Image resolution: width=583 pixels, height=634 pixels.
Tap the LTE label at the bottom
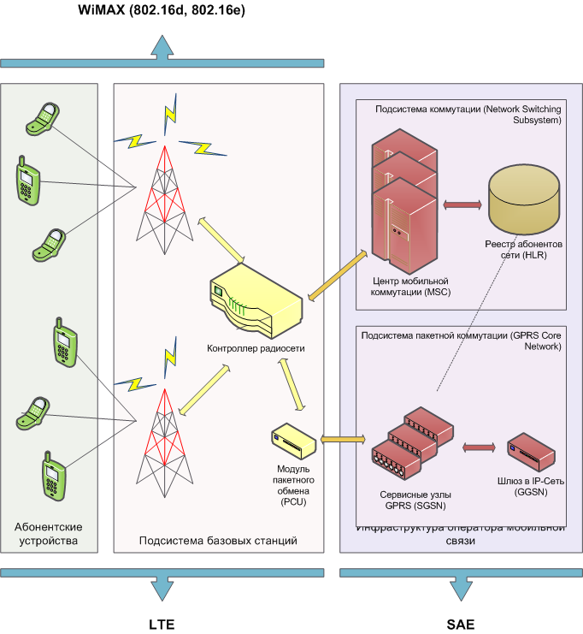[162, 625]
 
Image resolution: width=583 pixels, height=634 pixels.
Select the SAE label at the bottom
[462, 625]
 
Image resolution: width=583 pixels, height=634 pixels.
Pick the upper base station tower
[162, 195]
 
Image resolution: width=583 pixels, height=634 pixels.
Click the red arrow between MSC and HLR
[462, 205]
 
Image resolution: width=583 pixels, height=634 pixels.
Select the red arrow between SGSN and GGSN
[480, 447]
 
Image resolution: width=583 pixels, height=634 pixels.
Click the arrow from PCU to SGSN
[342, 441]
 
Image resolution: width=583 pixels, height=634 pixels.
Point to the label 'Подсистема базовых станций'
[218, 541]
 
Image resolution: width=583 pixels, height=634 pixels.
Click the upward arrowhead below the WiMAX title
[162, 48]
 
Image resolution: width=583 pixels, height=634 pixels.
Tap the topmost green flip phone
[42, 118]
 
